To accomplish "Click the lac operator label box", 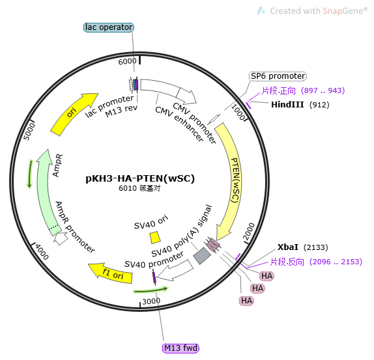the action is [x=109, y=27].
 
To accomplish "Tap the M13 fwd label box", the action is [x=180, y=348].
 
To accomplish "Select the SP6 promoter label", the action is [x=278, y=76].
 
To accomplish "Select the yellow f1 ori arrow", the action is [x=111, y=273].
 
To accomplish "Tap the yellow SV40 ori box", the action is [x=155, y=238].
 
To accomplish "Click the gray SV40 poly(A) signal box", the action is [x=202, y=256].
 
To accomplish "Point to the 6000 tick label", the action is [x=127, y=61].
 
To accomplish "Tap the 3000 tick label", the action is [x=151, y=301].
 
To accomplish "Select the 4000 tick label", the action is [x=42, y=252].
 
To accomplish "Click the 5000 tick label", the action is [x=29, y=132].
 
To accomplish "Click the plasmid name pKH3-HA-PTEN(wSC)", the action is [x=140, y=178].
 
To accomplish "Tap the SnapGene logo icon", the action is [x=261, y=10].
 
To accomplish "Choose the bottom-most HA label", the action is [x=246, y=301].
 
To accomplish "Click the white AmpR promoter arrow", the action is [x=61, y=238].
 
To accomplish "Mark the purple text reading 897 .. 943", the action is [x=323, y=90].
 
